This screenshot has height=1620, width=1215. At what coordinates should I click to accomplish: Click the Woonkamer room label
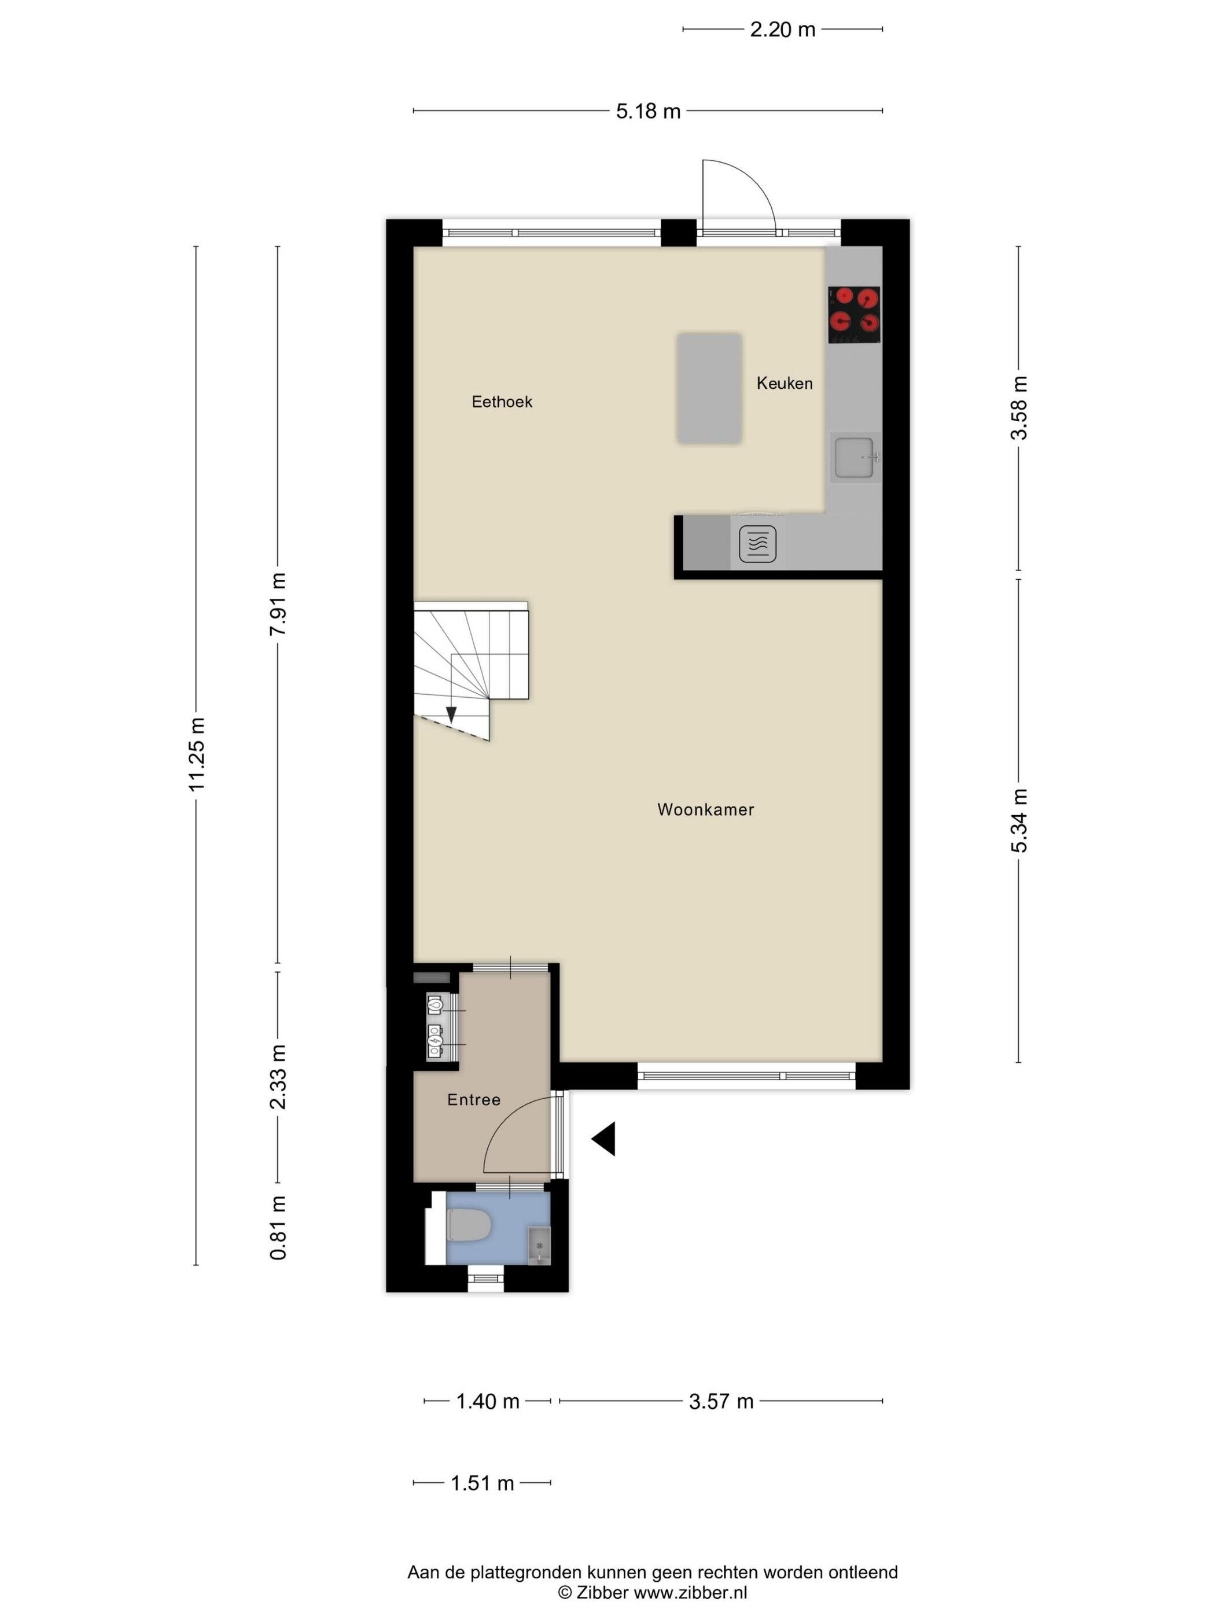pos(705,809)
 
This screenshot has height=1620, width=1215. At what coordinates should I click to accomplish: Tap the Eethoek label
pos(502,402)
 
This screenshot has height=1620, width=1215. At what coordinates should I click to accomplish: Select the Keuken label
pos(785,383)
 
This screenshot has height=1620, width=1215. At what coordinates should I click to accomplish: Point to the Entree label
pos(474,1099)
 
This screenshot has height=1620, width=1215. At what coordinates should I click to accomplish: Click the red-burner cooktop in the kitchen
pos(854,315)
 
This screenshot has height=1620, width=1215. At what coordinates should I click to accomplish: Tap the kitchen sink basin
pos(855,457)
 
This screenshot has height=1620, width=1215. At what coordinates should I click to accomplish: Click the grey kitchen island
pos(709,388)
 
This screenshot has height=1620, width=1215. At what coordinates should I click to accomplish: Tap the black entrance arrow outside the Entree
pos(603,1139)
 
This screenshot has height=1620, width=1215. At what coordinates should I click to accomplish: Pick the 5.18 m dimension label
pos(648,111)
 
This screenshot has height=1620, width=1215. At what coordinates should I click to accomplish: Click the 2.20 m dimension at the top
pos(782,30)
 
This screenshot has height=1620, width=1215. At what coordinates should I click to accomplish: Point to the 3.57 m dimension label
pos(721,1401)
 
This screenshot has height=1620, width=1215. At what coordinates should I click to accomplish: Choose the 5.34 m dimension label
pos(1019,820)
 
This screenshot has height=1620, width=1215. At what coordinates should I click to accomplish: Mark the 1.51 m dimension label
pos(482,1483)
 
